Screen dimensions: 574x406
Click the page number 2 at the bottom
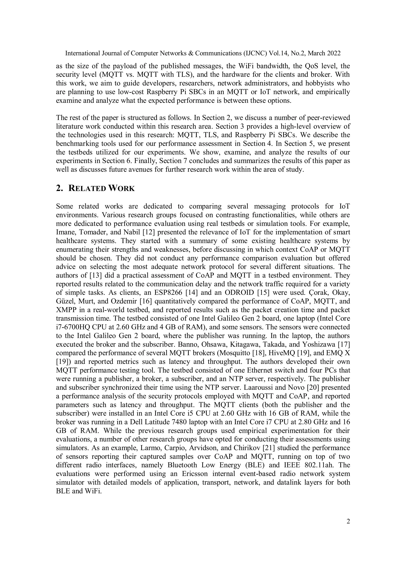click(348, 521)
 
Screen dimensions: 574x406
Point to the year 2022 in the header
click(333, 53)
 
